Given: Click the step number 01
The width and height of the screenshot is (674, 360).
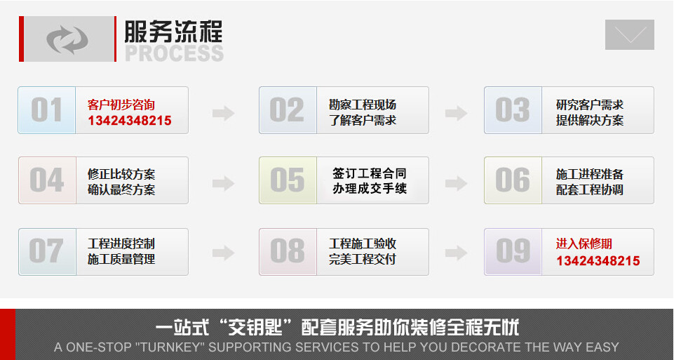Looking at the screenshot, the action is tap(46, 110).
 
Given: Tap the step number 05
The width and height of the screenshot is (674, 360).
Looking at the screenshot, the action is tap(287, 180).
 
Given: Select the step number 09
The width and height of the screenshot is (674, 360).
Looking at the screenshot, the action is tap(513, 251).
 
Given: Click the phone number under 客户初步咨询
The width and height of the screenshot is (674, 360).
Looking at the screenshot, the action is tap(129, 121).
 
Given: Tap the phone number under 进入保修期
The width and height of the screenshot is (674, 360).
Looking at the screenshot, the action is tap(598, 260).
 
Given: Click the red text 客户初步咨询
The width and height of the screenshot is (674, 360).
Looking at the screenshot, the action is tap(121, 105).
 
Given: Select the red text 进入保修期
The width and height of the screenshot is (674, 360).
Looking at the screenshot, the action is tap(584, 244).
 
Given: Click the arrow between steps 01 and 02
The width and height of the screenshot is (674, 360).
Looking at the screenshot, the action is tap(224, 114).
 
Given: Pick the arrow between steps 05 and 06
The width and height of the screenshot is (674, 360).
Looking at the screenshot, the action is tap(456, 184).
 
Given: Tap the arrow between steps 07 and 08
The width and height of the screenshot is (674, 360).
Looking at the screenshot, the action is tap(224, 253).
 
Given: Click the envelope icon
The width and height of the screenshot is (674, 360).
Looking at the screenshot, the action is tap(630, 34).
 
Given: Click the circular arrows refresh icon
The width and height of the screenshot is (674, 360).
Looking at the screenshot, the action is tap(67, 39).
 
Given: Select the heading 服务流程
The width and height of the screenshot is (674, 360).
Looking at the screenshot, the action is tap(174, 32).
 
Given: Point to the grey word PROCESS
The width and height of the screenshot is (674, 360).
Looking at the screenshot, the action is tap(174, 53).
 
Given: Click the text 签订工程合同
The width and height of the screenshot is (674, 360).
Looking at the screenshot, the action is tap(369, 174).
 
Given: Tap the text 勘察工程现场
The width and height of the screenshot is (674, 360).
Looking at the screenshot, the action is tap(363, 105).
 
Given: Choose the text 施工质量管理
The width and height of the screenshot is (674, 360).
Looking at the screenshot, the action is tap(121, 259).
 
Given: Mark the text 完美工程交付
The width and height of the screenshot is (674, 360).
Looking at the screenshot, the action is tap(363, 259).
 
